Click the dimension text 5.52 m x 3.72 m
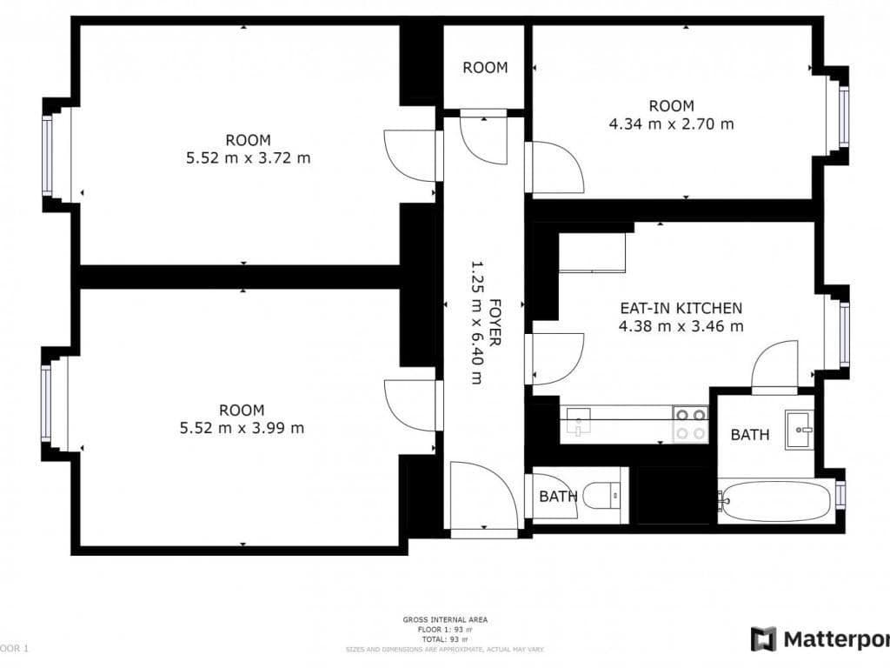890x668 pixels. [x=248, y=158]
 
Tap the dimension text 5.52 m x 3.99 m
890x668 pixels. [x=242, y=428]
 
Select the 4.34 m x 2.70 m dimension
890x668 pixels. [x=671, y=124]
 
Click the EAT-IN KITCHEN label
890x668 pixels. [x=681, y=308]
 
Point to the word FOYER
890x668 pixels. [x=495, y=323]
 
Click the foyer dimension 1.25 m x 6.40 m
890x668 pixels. [x=476, y=323]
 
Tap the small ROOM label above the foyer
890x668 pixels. [x=484, y=67]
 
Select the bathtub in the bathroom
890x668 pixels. [x=775, y=502]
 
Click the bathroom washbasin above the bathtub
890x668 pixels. [x=800, y=430]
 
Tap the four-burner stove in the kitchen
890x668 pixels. [x=691, y=424]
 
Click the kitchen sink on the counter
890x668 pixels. [x=577, y=424]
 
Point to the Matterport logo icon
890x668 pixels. [x=763, y=639]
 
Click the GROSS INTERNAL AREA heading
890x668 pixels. [x=445, y=619]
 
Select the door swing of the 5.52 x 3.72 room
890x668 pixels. [x=411, y=156]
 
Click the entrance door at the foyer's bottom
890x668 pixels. [x=483, y=496]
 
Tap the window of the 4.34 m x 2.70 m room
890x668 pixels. [x=844, y=116]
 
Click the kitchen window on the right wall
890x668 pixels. [x=844, y=333]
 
